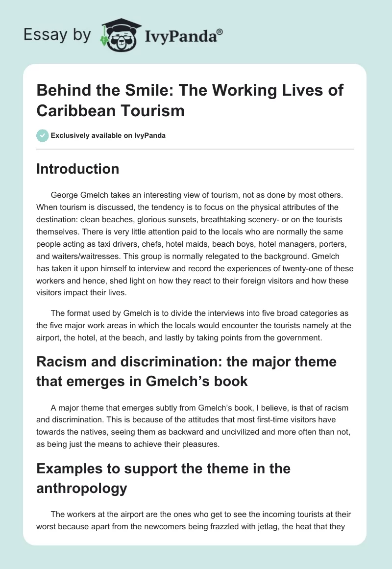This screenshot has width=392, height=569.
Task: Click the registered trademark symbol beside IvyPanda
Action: point(220,31)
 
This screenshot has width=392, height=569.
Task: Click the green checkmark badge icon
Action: point(42,135)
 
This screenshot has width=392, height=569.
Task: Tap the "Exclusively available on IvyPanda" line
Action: point(108,135)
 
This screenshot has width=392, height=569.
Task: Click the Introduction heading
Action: point(78,169)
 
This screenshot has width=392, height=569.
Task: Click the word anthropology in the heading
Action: point(82,489)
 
